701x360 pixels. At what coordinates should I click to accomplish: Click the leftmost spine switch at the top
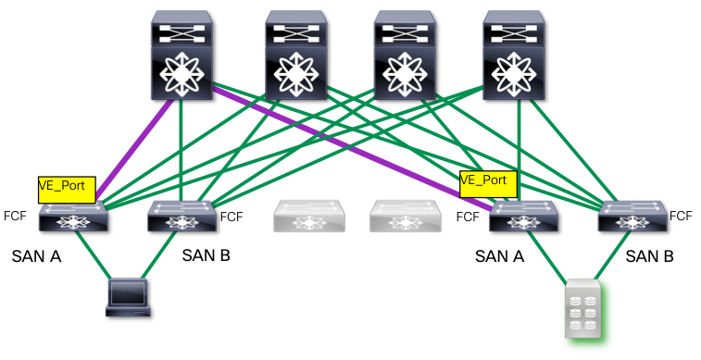pos(182,56)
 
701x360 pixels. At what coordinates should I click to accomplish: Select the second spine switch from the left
pos(296,56)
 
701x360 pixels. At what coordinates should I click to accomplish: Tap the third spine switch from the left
pos(405,56)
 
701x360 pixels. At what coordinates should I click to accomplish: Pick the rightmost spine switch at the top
pos(514,56)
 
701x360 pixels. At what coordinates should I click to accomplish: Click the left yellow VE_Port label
pos(67,190)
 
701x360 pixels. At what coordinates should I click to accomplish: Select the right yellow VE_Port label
pos(489,184)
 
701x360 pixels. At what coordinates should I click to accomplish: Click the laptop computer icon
pos(128,298)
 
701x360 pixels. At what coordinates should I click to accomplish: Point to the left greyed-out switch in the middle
pos(309,217)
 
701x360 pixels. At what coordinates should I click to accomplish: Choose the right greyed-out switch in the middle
pos(406,217)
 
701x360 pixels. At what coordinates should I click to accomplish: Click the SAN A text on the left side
pos(36,256)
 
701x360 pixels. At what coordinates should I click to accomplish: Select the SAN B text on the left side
pos(207,255)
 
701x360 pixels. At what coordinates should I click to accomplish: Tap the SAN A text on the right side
pos(499,256)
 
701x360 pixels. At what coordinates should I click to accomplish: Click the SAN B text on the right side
pos(649,256)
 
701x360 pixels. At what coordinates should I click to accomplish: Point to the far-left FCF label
pos(15,216)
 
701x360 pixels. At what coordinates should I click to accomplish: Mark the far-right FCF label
pos(681,217)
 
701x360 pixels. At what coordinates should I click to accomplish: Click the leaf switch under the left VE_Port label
pos(73,217)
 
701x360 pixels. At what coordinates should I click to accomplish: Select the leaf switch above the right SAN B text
pos(632,217)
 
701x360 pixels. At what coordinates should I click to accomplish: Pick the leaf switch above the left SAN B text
pos(182,217)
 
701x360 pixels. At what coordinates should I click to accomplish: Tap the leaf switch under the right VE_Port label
pos(523,217)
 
